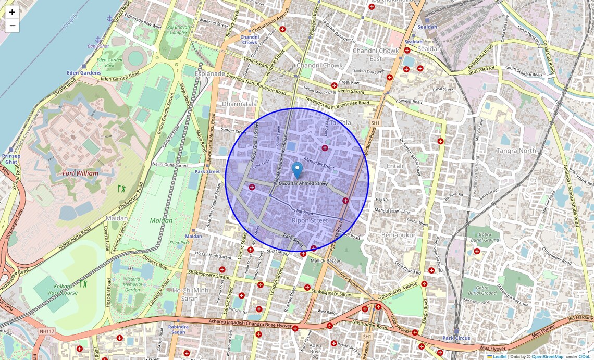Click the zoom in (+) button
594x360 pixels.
(x=12, y=12)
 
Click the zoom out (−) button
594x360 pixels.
(x=12, y=26)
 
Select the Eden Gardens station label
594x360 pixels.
(x=83, y=73)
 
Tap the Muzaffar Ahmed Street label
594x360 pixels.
(x=303, y=184)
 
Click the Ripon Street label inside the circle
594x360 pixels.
(x=310, y=220)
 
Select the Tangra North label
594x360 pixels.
(x=516, y=151)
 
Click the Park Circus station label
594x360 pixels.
(x=456, y=338)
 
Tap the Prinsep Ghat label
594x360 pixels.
(x=10, y=159)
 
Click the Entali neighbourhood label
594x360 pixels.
(x=395, y=166)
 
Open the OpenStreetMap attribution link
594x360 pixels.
(x=547, y=357)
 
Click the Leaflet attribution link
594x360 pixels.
(x=500, y=357)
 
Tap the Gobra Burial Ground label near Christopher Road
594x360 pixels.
(x=484, y=237)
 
